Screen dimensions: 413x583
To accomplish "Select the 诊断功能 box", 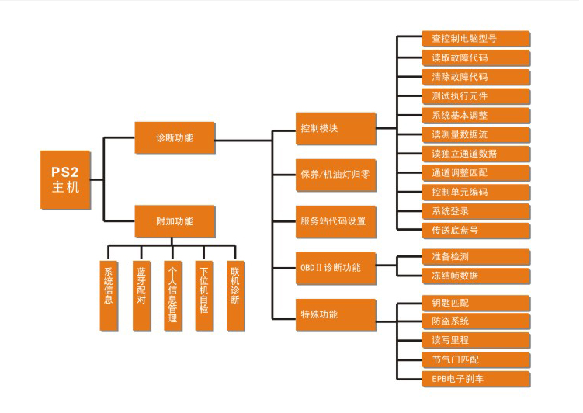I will [175, 138].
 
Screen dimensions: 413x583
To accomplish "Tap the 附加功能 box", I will [175, 221].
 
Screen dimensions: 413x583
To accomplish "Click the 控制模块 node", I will [327, 128].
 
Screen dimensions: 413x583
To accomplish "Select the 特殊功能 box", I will [327, 314].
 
